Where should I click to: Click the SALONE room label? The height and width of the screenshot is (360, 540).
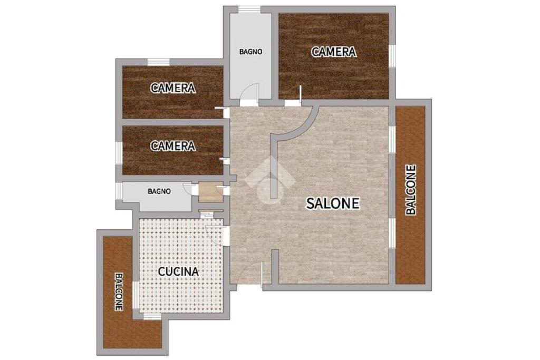point(333,203)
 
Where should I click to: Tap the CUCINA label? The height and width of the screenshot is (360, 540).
point(178,271)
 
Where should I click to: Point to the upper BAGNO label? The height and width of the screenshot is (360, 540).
point(251,52)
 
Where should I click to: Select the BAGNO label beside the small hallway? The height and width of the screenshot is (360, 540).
point(159,191)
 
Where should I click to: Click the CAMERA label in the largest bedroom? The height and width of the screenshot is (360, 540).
point(334,52)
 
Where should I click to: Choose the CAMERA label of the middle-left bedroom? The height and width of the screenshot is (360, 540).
point(173,88)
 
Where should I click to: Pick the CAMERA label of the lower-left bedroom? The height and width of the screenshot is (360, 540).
point(173,146)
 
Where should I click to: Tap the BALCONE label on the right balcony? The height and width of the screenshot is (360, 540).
point(411,190)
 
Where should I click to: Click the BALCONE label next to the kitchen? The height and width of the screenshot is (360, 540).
point(119,292)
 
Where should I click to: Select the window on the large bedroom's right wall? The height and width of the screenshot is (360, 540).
point(392,55)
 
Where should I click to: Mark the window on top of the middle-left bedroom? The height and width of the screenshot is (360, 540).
point(158,62)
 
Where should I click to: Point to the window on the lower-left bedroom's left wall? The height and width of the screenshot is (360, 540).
point(119,153)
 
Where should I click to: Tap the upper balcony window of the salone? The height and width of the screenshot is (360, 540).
point(392,139)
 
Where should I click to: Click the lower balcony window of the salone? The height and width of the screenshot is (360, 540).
point(392,232)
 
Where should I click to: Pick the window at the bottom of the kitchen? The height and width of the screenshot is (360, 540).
point(152,316)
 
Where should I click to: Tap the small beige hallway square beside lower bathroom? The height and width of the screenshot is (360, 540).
point(211,193)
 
